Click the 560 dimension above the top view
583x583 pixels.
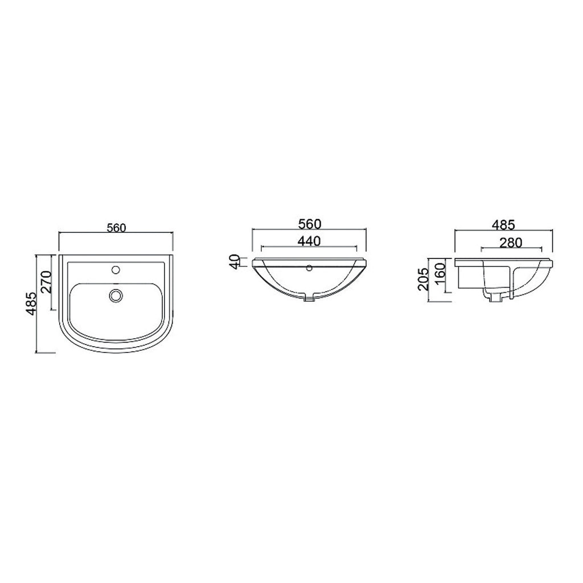point(116,228)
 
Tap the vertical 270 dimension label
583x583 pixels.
point(47,281)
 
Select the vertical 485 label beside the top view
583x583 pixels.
point(32,303)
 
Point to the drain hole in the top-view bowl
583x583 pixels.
point(116,294)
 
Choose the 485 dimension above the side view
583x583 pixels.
point(504,223)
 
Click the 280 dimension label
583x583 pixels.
point(511,242)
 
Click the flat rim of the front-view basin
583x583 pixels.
point(309,260)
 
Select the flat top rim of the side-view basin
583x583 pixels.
point(504,261)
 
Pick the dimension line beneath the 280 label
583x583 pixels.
point(511,249)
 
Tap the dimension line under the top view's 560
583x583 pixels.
point(116,233)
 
